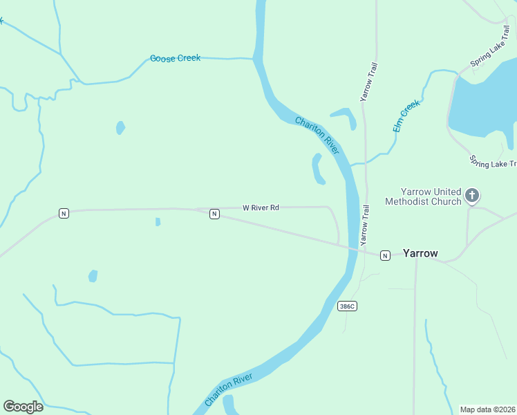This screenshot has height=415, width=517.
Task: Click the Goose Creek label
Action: coord(176,58)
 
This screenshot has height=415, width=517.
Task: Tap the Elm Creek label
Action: coord(406,116)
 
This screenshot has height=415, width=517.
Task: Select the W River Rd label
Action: coord(261,207)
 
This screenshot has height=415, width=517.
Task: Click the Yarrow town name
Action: coord(420,253)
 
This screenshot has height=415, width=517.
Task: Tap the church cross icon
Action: coord(472,196)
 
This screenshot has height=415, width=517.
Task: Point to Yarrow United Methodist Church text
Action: coord(431,196)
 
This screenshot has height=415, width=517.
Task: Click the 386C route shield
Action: coord(348,306)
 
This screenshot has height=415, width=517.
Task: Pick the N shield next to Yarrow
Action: coord(385,255)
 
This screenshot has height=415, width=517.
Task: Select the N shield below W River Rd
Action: coord(214,214)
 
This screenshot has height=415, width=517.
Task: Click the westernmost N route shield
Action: coord(64,213)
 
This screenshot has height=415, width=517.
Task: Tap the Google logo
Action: coord(23,407)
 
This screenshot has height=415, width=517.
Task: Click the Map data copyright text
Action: coord(488,409)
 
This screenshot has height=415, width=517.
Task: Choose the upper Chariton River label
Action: coord(317,136)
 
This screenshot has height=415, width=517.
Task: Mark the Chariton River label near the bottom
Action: coord(228,390)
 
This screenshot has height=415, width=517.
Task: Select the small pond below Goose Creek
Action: coord(120,128)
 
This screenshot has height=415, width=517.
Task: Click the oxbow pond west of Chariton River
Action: coord(318,169)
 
